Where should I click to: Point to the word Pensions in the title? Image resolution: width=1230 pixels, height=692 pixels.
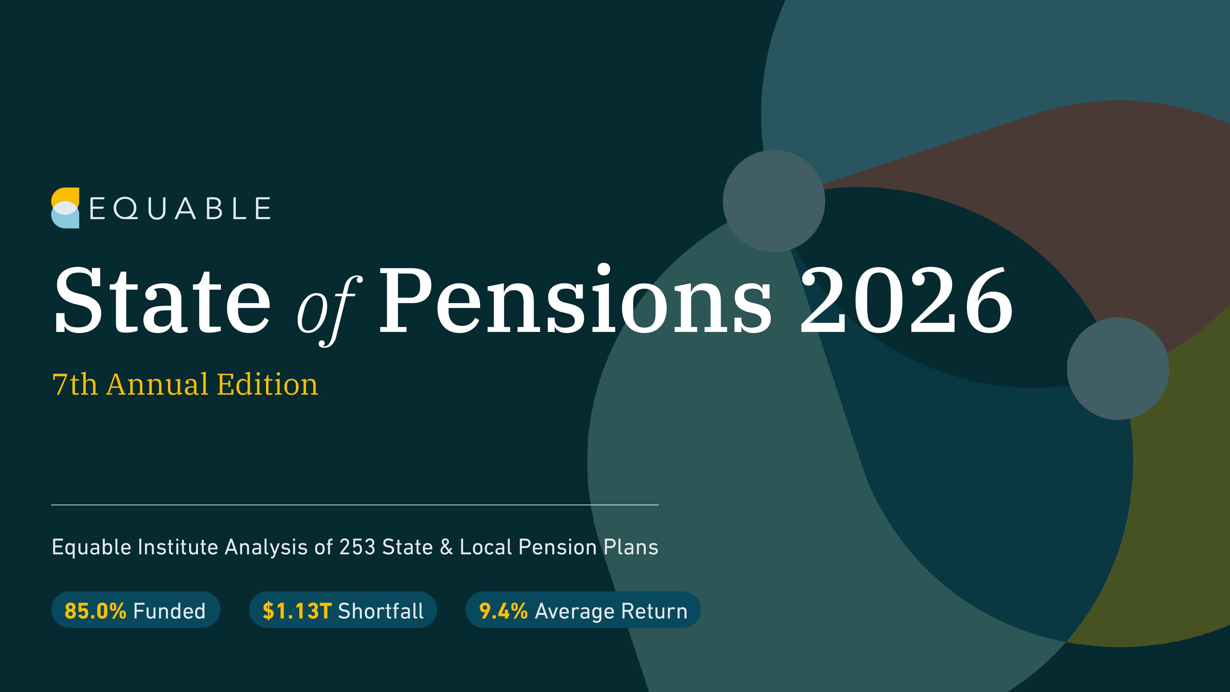(576, 298)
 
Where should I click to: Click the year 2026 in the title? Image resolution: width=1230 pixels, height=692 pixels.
(906, 300)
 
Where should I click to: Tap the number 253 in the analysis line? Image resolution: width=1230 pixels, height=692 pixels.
(357, 547)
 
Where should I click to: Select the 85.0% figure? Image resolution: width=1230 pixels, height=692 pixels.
(96, 611)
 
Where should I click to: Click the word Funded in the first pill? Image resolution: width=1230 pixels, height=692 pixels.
(169, 611)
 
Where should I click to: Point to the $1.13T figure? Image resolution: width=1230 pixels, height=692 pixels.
(297, 611)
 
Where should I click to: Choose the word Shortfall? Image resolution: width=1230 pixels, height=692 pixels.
(381, 611)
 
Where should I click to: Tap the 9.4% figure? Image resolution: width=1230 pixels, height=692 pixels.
(503, 611)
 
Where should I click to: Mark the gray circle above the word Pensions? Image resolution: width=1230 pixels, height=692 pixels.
(773, 201)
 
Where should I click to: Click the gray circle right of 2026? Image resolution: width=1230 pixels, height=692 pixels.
(1118, 368)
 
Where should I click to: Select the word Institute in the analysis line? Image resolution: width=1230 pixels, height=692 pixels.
(178, 547)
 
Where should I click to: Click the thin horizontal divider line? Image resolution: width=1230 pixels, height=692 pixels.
(355, 504)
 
